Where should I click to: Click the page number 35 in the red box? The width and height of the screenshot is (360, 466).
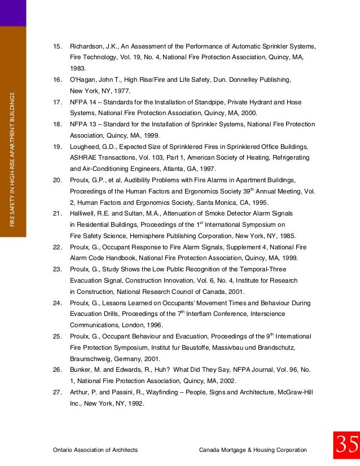[x=346, y=446]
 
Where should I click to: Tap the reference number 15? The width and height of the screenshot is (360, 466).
[x=56, y=46]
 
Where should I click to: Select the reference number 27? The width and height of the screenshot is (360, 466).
[x=56, y=393]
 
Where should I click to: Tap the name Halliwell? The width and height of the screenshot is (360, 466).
[x=82, y=213]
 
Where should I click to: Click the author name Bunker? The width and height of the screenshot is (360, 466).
[x=80, y=370]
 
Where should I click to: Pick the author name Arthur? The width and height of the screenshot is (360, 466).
[x=80, y=393]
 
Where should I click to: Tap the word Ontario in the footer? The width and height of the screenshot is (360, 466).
[x=63, y=450]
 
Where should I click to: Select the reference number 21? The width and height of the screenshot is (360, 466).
[x=56, y=213]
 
